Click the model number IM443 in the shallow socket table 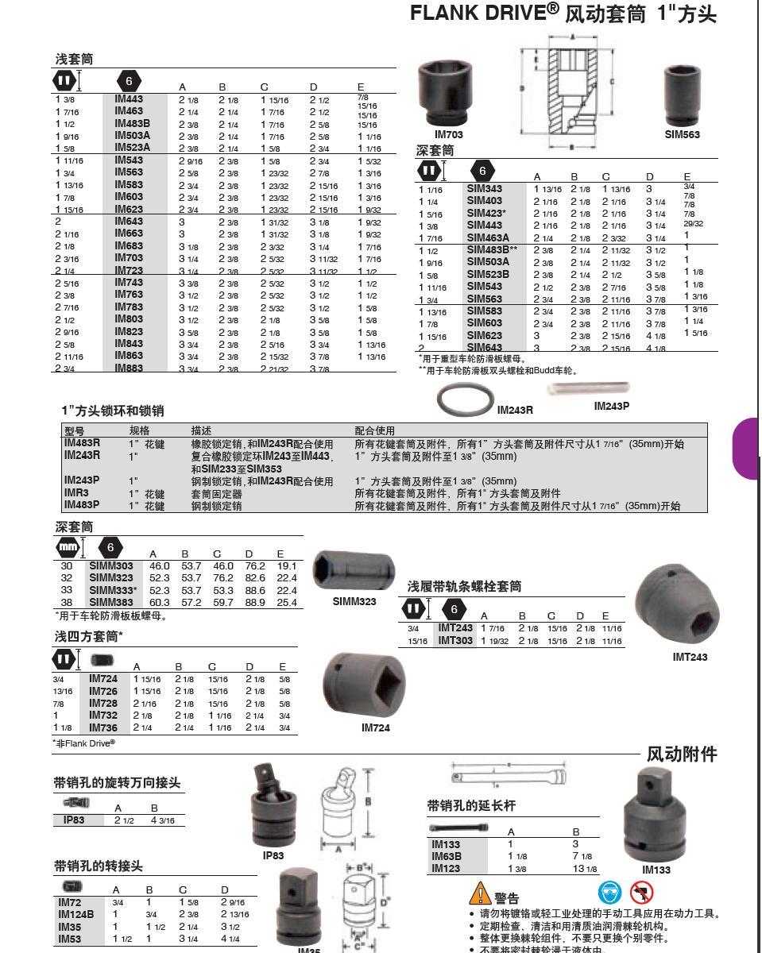tap(129, 99)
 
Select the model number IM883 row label tap(129, 368)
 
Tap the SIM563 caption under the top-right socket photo tap(682, 135)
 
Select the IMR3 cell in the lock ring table tap(76, 493)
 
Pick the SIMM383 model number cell tap(110, 603)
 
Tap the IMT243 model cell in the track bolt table tap(455, 628)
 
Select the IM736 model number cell tap(103, 727)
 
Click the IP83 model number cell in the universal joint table tap(68, 820)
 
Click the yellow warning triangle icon tap(480, 893)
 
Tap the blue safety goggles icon tap(609, 892)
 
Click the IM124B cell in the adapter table tap(75, 914)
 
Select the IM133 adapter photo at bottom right tap(656, 822)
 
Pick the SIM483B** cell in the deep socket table tap(492, 250)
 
